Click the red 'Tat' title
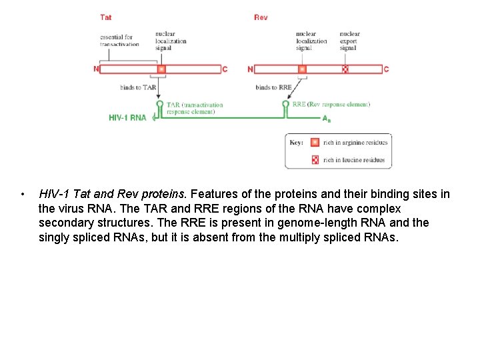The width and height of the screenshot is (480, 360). click(x=106, y=17)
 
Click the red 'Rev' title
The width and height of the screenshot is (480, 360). click(x=261, y=17)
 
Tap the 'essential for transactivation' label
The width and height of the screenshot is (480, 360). click(x=119, y=41)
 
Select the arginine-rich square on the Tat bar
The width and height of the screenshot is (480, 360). click(x=161, y=69)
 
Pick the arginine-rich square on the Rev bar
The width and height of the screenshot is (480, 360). click(x=302, y=69)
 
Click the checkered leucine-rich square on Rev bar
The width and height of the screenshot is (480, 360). click(x=345, y=69)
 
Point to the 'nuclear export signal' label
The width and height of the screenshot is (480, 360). click(x=349, y=41)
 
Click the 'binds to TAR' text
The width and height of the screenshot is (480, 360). click(x=138, y=87)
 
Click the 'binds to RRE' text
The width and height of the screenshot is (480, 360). click(x=273, y=87)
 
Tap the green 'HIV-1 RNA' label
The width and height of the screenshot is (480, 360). click(x=127, y=118)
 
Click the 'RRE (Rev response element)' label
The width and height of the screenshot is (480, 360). click(x=331, y=104)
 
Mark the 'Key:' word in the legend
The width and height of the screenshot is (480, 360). click(x=297, y=143)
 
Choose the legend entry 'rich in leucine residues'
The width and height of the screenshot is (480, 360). click(x=353, y=160)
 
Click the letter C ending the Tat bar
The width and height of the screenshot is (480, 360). click(x=225, y=69)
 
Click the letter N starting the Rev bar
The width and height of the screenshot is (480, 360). click(x=250, y=69)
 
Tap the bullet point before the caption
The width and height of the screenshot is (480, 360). click(x=23, y=195)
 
